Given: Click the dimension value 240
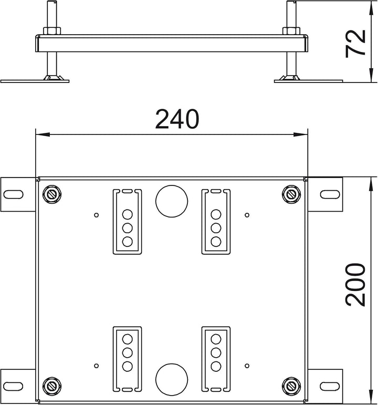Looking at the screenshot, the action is tap(177, 119).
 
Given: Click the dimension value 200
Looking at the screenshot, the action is tap(355, 285).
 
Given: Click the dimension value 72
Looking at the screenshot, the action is tap(355, 43).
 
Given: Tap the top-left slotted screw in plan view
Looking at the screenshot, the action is tap(52, 194).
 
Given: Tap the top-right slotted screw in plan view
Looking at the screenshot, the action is tap(291, 194).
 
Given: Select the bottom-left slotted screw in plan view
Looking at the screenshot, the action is tap(52, 386).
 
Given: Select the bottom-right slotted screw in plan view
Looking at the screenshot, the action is tap(291, 386).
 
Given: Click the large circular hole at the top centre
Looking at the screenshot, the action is tap(172, 201).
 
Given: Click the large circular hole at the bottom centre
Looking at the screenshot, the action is tap(172, 379).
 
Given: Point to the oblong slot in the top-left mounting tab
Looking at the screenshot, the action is tap(14, 194).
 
